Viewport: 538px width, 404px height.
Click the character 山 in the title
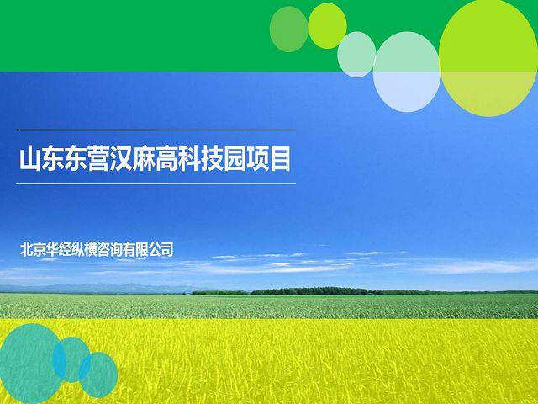click(x=30, y=159)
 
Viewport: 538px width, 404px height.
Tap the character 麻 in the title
click(x=144, y=159)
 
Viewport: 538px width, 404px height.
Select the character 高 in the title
click(x=166, y=159)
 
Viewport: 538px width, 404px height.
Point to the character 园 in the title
click(x=235, y=159)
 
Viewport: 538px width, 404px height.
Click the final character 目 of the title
click(x=280, y=159)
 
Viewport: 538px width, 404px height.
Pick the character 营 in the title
click(x=98, y=159)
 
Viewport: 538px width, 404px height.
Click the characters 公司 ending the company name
click(x=161, y=249)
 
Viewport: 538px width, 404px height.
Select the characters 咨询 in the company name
click(x=109, y=249)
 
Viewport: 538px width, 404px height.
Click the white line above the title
click(x=156, y=130)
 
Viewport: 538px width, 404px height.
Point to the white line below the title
click(x=156, y=183)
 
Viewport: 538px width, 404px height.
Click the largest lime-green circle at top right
click(x=488, y=58)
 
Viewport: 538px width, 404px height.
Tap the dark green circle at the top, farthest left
click(x=288, y=29)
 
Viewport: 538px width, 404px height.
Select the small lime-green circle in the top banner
click(x=327, y=26)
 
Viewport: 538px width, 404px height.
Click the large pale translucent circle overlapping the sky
click(x=407, y=72)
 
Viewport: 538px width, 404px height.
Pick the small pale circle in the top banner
click(x=356, y=54)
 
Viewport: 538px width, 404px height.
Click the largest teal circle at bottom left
click(x=31, y=364)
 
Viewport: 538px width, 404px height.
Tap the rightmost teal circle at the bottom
click(x=98, y=375)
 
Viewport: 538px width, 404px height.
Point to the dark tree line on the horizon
click(x=309, y=291)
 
